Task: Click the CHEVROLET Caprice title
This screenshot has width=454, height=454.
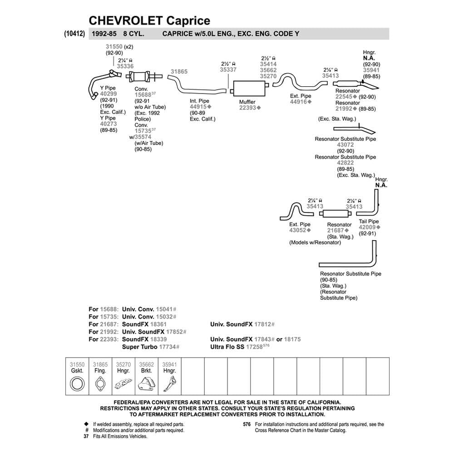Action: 149,20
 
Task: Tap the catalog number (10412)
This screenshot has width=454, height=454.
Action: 72,34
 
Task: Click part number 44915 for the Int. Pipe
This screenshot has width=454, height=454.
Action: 198,107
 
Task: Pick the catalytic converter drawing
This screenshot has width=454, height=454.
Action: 143,76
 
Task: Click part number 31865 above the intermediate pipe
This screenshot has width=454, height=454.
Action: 179,72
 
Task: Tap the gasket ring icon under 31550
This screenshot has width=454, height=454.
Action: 77,384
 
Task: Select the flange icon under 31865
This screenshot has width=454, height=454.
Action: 100,384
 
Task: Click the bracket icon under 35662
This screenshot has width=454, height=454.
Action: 146,384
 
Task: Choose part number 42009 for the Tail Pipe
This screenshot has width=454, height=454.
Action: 368,227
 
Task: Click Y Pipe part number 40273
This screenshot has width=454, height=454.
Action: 109,124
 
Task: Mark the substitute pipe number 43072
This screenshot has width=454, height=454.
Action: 345,145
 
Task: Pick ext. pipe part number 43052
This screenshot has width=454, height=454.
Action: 298,231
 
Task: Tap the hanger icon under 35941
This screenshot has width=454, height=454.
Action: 169,384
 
